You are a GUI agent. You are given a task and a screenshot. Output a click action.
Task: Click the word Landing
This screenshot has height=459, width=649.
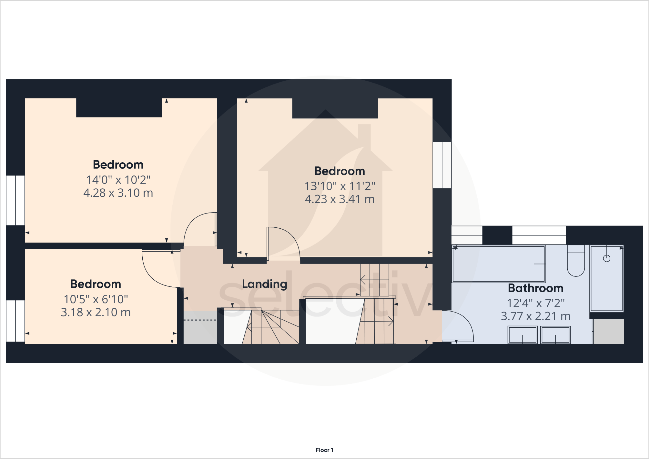264,284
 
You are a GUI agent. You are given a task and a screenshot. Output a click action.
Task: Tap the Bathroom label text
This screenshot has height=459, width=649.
535,288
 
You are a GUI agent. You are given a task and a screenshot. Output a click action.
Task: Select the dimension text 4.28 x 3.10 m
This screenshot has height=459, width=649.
118,193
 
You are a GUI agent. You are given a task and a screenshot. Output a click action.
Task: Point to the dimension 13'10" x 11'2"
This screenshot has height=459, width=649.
340,186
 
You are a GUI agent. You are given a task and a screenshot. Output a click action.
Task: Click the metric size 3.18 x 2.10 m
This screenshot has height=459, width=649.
96,312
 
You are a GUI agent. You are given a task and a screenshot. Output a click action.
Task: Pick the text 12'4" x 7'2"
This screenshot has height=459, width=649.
535,303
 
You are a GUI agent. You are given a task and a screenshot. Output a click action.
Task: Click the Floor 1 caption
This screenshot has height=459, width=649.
324,450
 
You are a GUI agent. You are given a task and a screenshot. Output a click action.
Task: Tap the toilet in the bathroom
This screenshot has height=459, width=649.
576,261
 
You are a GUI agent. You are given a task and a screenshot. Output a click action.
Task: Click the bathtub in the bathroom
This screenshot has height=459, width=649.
499,264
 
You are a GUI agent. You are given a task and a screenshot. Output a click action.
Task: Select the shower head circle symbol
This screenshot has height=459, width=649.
606,258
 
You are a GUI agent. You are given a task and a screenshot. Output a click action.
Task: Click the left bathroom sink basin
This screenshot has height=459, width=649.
522,335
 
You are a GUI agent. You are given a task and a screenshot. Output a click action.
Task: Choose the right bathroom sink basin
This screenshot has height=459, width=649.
555,335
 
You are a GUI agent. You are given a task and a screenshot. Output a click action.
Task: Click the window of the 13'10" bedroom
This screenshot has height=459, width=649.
442,165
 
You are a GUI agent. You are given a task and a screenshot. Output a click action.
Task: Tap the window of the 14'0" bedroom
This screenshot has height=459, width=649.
15,200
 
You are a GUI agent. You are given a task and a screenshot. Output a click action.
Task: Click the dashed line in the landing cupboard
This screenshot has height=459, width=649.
200,320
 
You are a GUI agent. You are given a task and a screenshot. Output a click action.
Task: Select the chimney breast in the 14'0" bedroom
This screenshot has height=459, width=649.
119,108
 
